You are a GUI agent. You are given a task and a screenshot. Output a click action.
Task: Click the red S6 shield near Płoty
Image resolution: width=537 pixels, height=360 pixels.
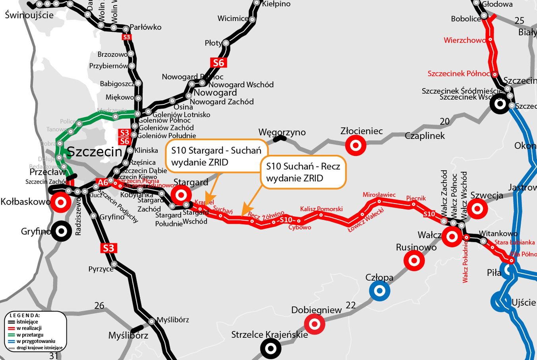218,62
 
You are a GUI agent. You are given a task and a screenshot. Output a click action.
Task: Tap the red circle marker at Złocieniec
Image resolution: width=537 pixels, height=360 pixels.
355,145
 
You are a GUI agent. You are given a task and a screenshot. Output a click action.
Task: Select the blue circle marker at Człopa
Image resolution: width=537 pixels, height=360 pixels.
379,291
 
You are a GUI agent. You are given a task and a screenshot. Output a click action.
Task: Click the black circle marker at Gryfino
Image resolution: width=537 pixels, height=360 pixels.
61,231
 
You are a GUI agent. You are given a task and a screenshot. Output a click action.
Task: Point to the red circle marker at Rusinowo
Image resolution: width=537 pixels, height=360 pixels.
414,261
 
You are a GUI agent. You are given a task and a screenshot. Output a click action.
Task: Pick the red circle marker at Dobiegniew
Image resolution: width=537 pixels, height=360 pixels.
315,323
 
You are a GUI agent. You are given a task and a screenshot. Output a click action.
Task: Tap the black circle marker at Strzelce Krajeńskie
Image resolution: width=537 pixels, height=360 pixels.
270,349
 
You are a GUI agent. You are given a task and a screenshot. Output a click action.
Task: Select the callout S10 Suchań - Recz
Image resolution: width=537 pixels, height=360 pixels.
303,172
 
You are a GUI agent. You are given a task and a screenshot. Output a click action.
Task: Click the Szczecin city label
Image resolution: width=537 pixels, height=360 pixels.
95,152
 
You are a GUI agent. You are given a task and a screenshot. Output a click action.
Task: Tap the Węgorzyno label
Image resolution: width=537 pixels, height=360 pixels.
282,132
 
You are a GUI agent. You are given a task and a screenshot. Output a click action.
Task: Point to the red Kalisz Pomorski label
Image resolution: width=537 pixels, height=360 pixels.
321,209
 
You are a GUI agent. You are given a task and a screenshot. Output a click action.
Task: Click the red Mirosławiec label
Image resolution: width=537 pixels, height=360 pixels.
379,194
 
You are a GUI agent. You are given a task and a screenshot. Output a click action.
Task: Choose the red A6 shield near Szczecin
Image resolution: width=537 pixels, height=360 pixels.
103,182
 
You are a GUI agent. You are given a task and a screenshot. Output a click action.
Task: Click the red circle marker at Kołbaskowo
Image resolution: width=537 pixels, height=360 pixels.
61,202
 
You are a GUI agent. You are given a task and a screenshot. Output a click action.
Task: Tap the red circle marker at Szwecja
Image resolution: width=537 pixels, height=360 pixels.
477,208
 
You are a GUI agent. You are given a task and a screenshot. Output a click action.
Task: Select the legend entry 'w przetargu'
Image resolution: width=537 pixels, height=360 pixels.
30,335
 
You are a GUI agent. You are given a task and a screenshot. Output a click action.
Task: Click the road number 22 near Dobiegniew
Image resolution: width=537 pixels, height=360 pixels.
350,305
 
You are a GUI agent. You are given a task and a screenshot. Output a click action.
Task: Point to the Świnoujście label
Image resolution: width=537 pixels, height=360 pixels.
29,15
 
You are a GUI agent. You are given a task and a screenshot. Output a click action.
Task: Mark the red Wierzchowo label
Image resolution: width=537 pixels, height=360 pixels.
464,40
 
